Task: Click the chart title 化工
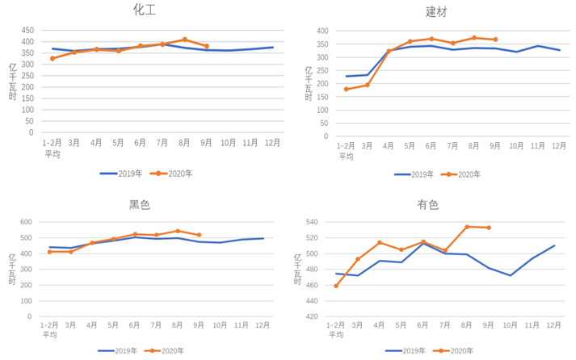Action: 145,10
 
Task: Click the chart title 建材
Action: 436,11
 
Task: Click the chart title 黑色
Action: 140,205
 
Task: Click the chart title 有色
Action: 428,205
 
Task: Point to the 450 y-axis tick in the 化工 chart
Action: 27,30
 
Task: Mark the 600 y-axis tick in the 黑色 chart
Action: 26,222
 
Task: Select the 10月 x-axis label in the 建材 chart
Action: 516,146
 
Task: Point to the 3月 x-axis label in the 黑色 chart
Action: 71,324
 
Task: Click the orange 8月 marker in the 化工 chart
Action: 185,39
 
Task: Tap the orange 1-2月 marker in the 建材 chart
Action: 346,89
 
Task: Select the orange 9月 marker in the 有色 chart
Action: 489,228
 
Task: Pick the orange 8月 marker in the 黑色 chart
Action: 178,231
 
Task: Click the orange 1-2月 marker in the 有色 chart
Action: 336,286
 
